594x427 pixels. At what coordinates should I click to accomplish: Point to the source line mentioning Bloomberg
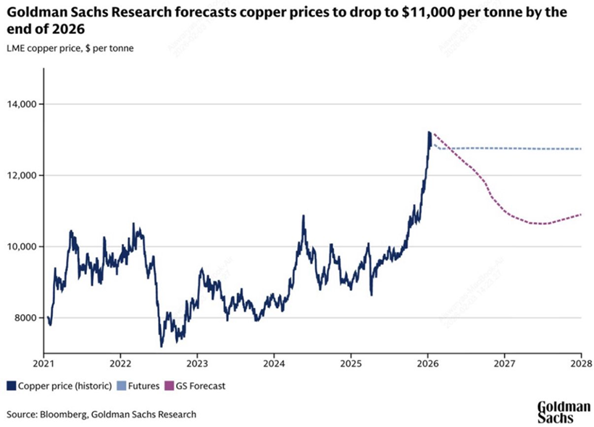click(101, 414)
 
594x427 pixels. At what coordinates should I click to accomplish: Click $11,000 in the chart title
click(402, 13)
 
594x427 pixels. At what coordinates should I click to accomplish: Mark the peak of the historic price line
click(429, 132)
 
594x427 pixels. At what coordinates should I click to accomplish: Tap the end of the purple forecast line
click(580, 214)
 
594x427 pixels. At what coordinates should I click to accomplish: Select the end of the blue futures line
click(580, 149)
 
